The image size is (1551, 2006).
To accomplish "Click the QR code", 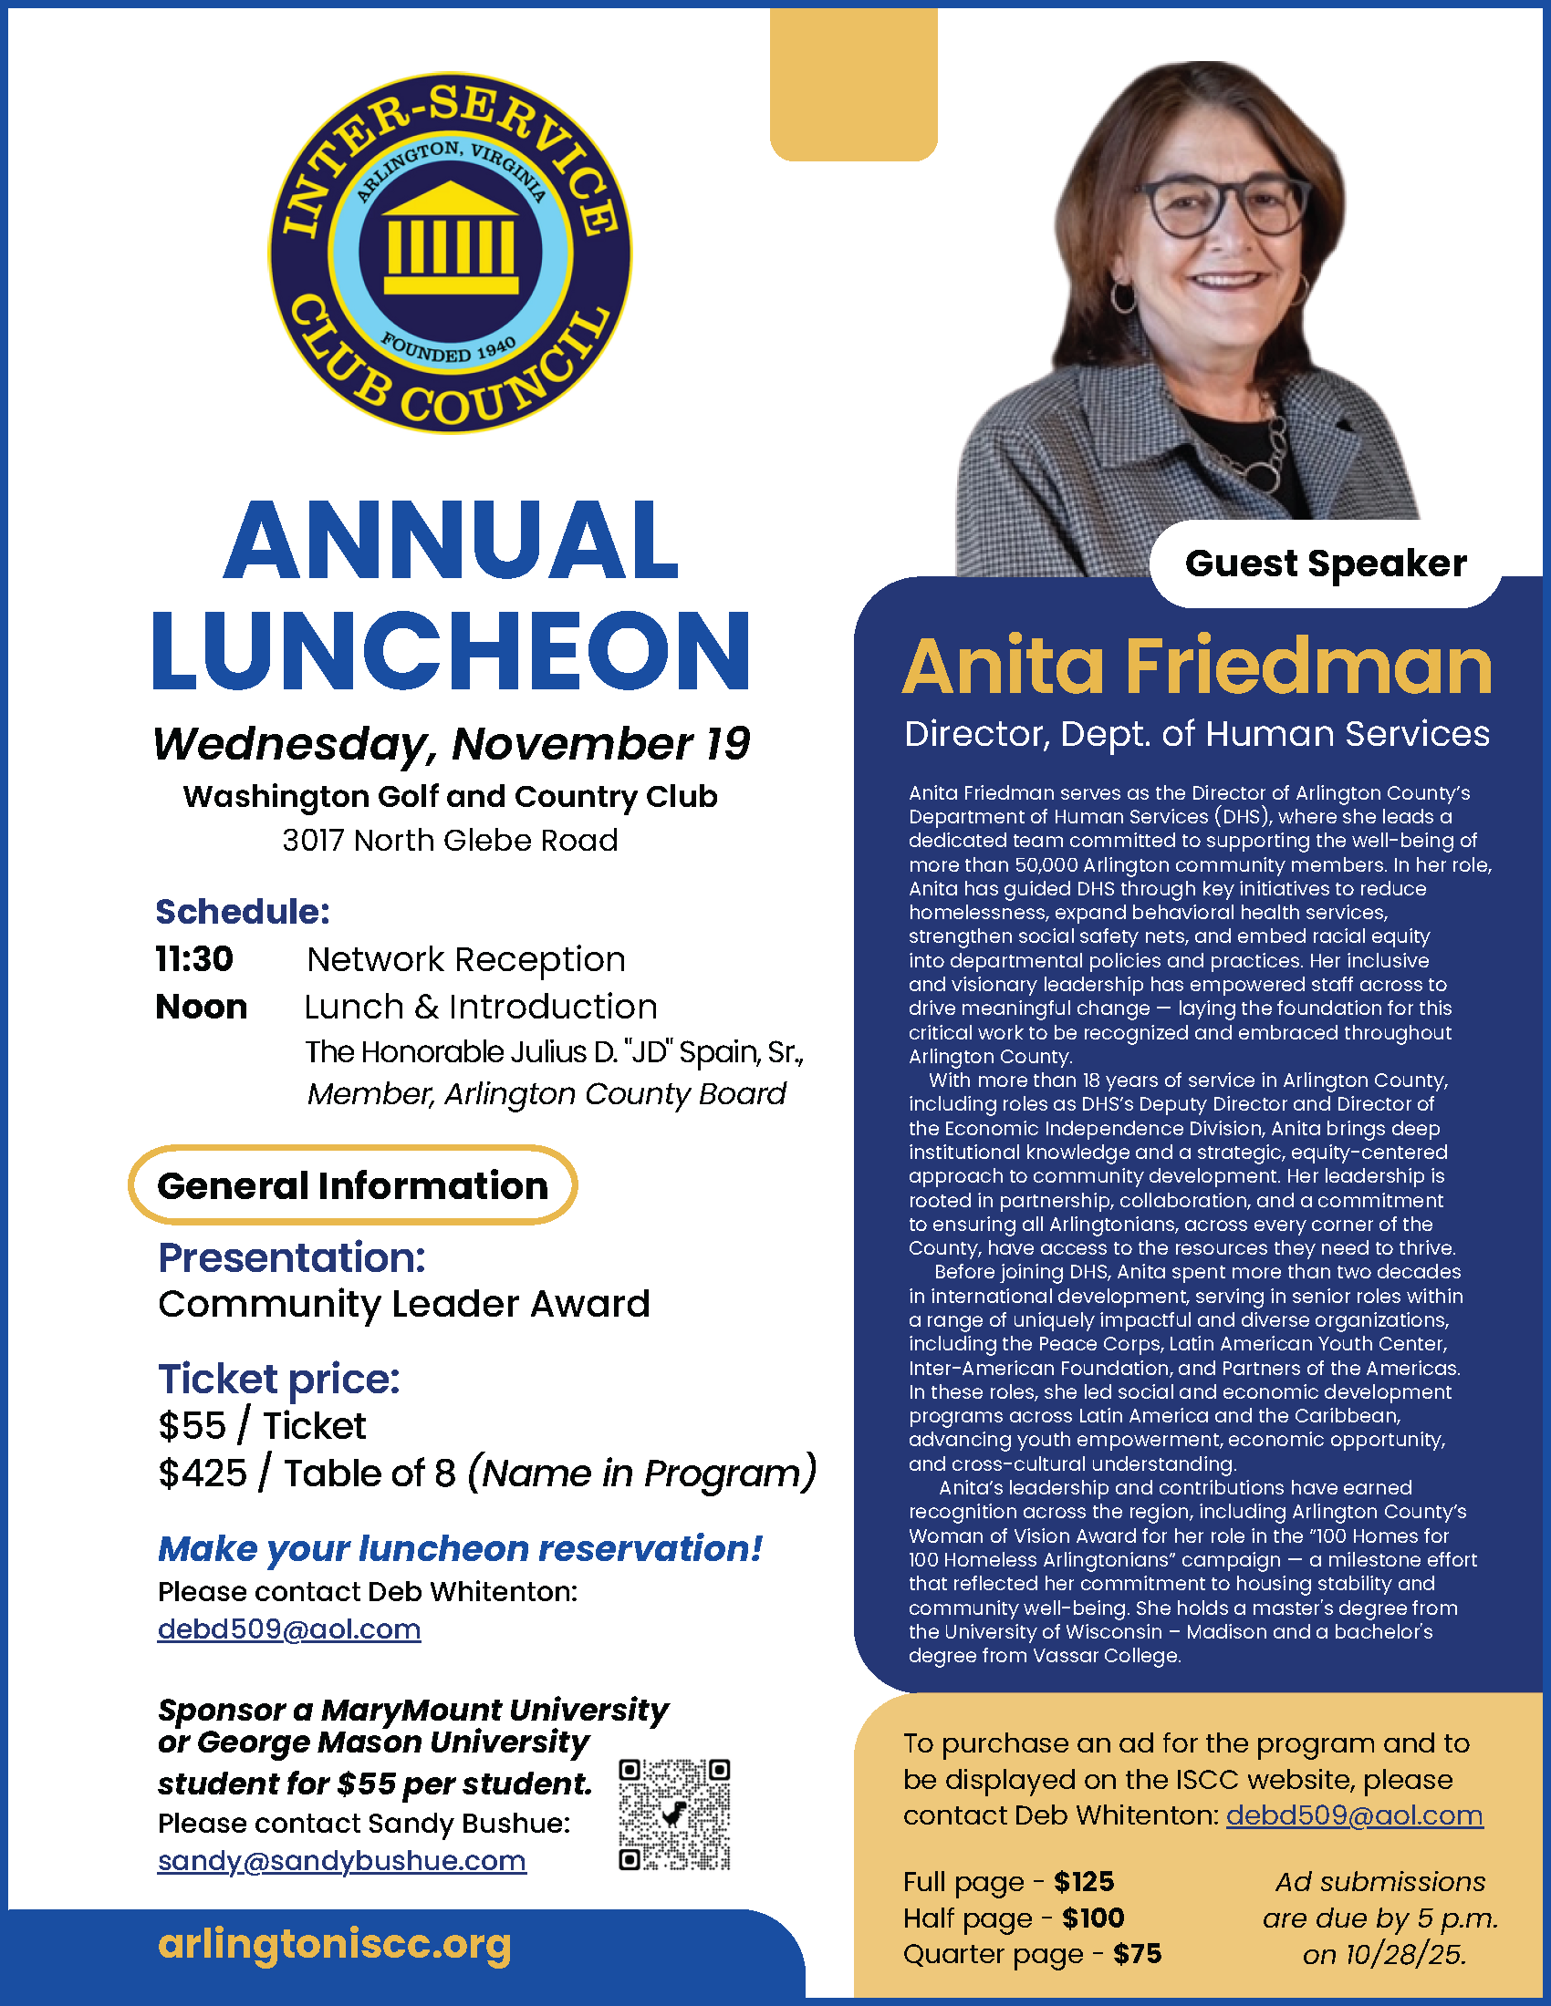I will point(674,1814).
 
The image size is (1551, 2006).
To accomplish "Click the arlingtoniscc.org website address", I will point(335,1945).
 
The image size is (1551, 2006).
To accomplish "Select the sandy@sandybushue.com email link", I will point(342,1861).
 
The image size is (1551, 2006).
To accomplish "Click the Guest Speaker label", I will point(1325,563).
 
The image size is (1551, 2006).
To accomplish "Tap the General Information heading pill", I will point(353,1184).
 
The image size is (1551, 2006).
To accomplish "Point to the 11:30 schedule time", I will point(193,959).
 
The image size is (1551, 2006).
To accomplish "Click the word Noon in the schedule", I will point(202,1007).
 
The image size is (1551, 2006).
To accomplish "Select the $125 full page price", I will point(1083,1882).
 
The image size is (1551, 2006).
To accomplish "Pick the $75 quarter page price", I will point(1137,1954).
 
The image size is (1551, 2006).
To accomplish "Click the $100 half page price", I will point(1092,1918).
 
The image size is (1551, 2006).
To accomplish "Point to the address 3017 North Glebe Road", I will point(450,840).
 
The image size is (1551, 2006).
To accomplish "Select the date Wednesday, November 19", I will point(451,743).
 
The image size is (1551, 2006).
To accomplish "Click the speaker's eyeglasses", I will point(1222,207).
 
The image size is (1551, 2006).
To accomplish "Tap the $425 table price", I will point(203,1473).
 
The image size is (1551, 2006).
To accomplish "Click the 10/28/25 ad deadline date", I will point(1384,1954).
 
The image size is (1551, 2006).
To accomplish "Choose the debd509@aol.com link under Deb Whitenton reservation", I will point(289,1629).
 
